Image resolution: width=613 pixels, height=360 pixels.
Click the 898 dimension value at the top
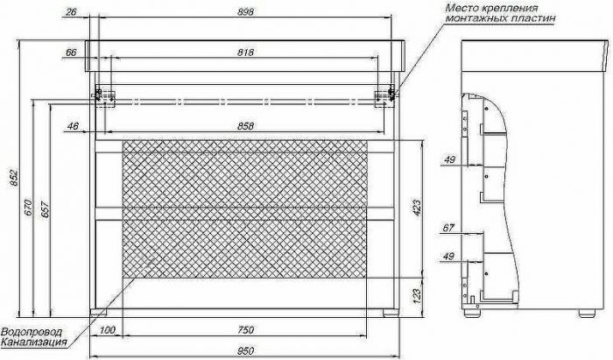point(245,11)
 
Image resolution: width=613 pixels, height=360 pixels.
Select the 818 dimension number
point(245,52)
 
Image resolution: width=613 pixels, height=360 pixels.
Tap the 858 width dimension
point(245,126)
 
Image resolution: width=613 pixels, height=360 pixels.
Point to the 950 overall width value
point(245,350)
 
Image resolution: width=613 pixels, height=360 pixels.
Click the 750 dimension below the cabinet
point(245,330)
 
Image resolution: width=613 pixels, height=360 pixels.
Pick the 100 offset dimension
point(107,330)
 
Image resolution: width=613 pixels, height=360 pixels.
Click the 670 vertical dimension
point(28,208)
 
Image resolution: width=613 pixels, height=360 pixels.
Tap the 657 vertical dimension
point(45,210)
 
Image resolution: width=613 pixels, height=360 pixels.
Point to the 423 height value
point(417,208)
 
